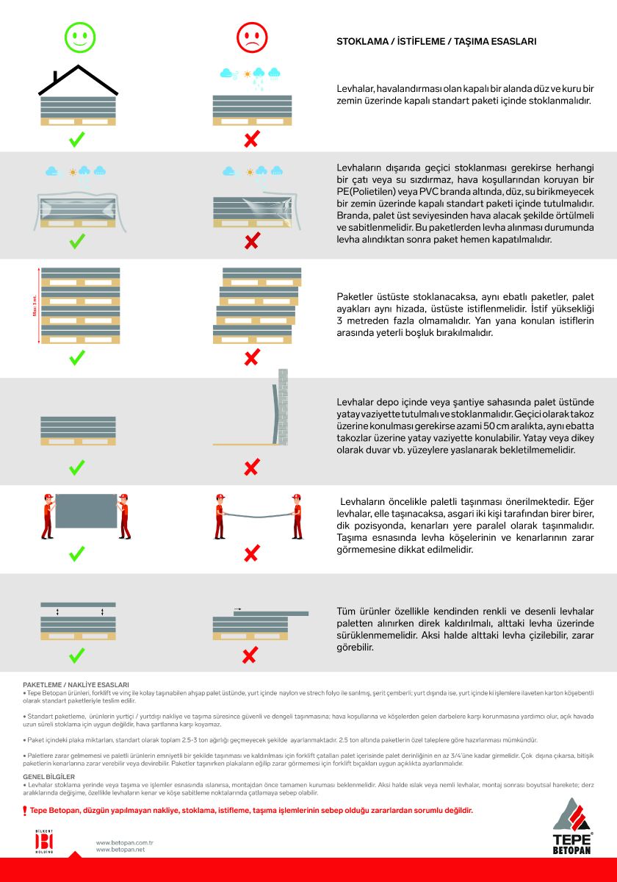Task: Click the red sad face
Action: pyautogui.click(x=252, y=37)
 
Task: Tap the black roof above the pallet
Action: pyautogui.click(x=77, y=79)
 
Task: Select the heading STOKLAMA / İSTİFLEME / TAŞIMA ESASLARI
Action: pyautogui.click(x=436, y=42)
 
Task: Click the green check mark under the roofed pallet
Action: pyautogui.click(x=77, y=139)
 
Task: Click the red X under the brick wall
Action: pyautogui.click(x=252, y=467)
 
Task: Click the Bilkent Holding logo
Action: pyautogui.click(x=46, y=840)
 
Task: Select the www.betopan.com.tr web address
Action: pyautogui.click(x=124, y=842)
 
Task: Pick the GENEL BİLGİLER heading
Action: pyautogui.click(x=49, y=776)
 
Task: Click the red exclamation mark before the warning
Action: pyautogui.click(x=25, y=811)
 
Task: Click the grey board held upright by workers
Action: pyautogui.click(x=86, y=512)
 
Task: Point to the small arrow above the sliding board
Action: pyautogui.click(x=237, y=609)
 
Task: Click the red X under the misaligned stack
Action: pyautogui.click(x=252, y=358)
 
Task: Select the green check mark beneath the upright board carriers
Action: pyautogui.click(x=77, y=554)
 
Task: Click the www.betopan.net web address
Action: pyautogui.click(x=120, y=850)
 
